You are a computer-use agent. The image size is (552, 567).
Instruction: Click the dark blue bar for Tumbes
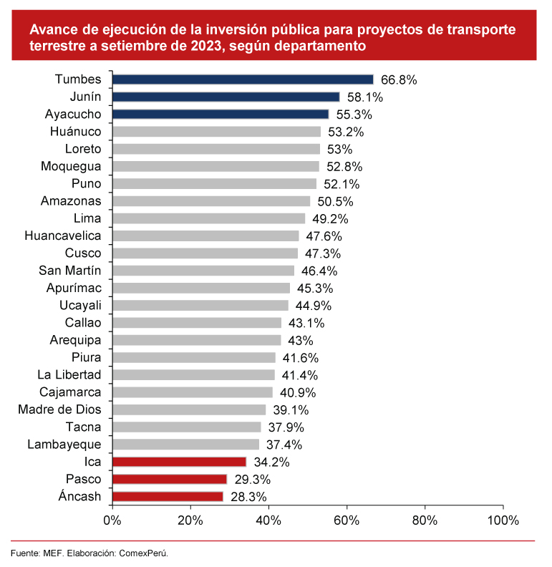coord(243,79)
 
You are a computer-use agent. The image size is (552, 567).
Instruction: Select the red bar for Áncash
coord(168,496)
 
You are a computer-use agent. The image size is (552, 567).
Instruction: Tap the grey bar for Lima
coord(208,218)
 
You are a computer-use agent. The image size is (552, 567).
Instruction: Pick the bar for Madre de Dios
coord(189,409)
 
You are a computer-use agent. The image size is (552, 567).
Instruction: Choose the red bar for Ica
coord(179,462)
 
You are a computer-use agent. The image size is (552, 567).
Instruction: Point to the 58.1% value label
coord(364,97)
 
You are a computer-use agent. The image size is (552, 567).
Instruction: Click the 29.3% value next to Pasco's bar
coord(251,480)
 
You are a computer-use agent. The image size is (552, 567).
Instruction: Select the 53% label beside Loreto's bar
coord(339,150)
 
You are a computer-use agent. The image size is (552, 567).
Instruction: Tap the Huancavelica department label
coord(63,236)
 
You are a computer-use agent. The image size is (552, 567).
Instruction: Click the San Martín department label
coord(69,270)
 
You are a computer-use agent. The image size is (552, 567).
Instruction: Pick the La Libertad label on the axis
coord(69,374)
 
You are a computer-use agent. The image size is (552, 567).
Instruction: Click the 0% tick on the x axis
coord(112,520)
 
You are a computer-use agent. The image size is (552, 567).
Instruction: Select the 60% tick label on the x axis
coord(347,520)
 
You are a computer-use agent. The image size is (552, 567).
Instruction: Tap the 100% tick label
coord(503,520)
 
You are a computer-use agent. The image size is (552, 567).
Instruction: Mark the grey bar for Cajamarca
coord(193,392)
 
